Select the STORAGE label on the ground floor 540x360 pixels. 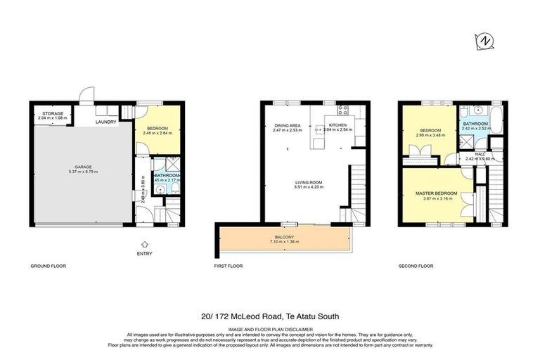click(52, 112)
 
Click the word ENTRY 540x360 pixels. click(145, 253)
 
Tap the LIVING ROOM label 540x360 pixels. click(307, 182)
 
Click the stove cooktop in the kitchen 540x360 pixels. click(343, 109)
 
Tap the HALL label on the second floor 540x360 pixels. click(480, 154)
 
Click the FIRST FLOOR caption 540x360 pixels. click(229, 266)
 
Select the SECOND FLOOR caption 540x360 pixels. click(416, 266)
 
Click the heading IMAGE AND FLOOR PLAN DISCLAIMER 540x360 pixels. click(270, 328)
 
